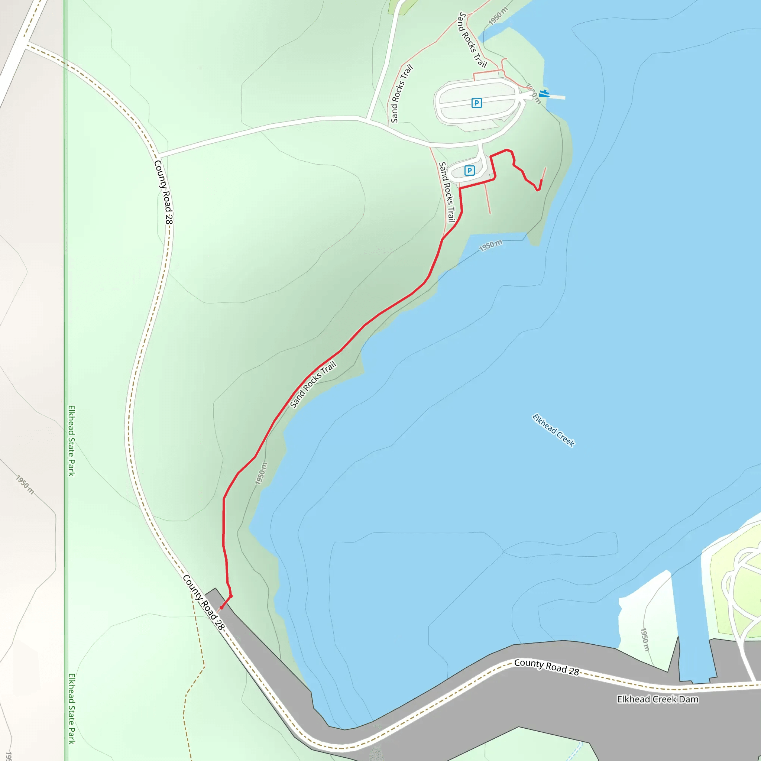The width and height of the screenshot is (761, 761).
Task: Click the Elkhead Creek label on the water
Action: (x=553, y=430)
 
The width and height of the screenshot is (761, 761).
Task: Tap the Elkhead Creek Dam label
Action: (x=657, y=699)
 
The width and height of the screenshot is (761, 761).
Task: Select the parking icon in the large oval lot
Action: (x=476, y=103)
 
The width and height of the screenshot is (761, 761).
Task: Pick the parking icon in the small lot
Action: (x=469, y=171)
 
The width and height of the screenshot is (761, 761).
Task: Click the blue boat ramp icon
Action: (x=544, y=93)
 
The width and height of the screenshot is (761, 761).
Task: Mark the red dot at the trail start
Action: (x=221, y=608)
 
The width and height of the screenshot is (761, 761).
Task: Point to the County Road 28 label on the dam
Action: (x=546, y=667)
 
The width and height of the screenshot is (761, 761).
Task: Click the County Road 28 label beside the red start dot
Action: (x=203, y=602)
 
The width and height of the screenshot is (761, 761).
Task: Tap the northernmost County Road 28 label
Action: (x=163, y=192)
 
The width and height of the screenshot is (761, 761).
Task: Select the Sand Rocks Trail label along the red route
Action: (x=313, y=384)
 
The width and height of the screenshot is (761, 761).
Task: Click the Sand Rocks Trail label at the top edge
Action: (x=472, y=39)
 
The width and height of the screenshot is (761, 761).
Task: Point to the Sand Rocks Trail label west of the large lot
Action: (x=401, y=93)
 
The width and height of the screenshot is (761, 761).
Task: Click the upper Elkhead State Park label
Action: (x=71, y=440)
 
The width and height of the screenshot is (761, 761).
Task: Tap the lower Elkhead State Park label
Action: (x=71, y=708)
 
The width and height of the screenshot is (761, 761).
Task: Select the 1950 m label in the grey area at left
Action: (x=25, y=485)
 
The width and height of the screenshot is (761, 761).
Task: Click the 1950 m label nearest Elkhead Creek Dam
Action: (x=644, y=639)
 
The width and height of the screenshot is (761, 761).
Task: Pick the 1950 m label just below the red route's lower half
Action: (x=261, y=473)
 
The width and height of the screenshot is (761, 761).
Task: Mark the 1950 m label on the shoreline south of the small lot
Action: (x=490, y=245)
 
